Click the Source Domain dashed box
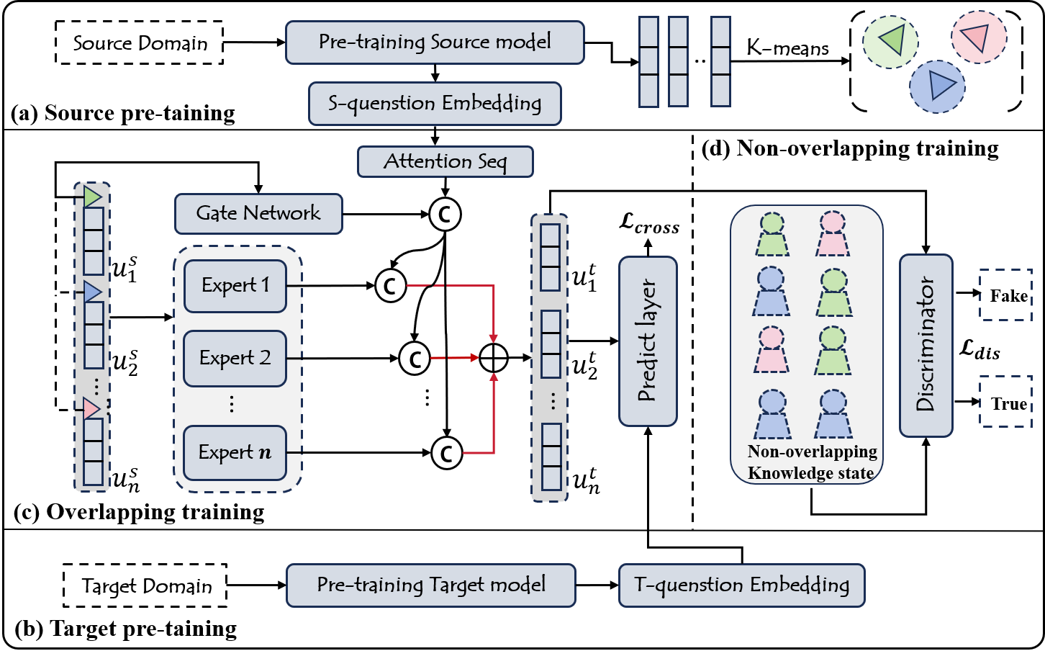140,43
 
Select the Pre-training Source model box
435,42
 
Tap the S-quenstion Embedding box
435,104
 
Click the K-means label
787,49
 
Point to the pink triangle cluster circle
978,37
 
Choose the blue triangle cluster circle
937,86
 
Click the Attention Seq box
445,161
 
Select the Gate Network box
258,213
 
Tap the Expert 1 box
235,286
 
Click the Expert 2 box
235,358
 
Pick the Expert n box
235,453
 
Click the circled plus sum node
494,357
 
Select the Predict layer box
648,341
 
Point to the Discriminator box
926,345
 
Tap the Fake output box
1006,295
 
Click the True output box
1006,402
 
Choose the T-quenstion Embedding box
741,585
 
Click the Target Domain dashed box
145,585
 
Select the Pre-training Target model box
431,585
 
